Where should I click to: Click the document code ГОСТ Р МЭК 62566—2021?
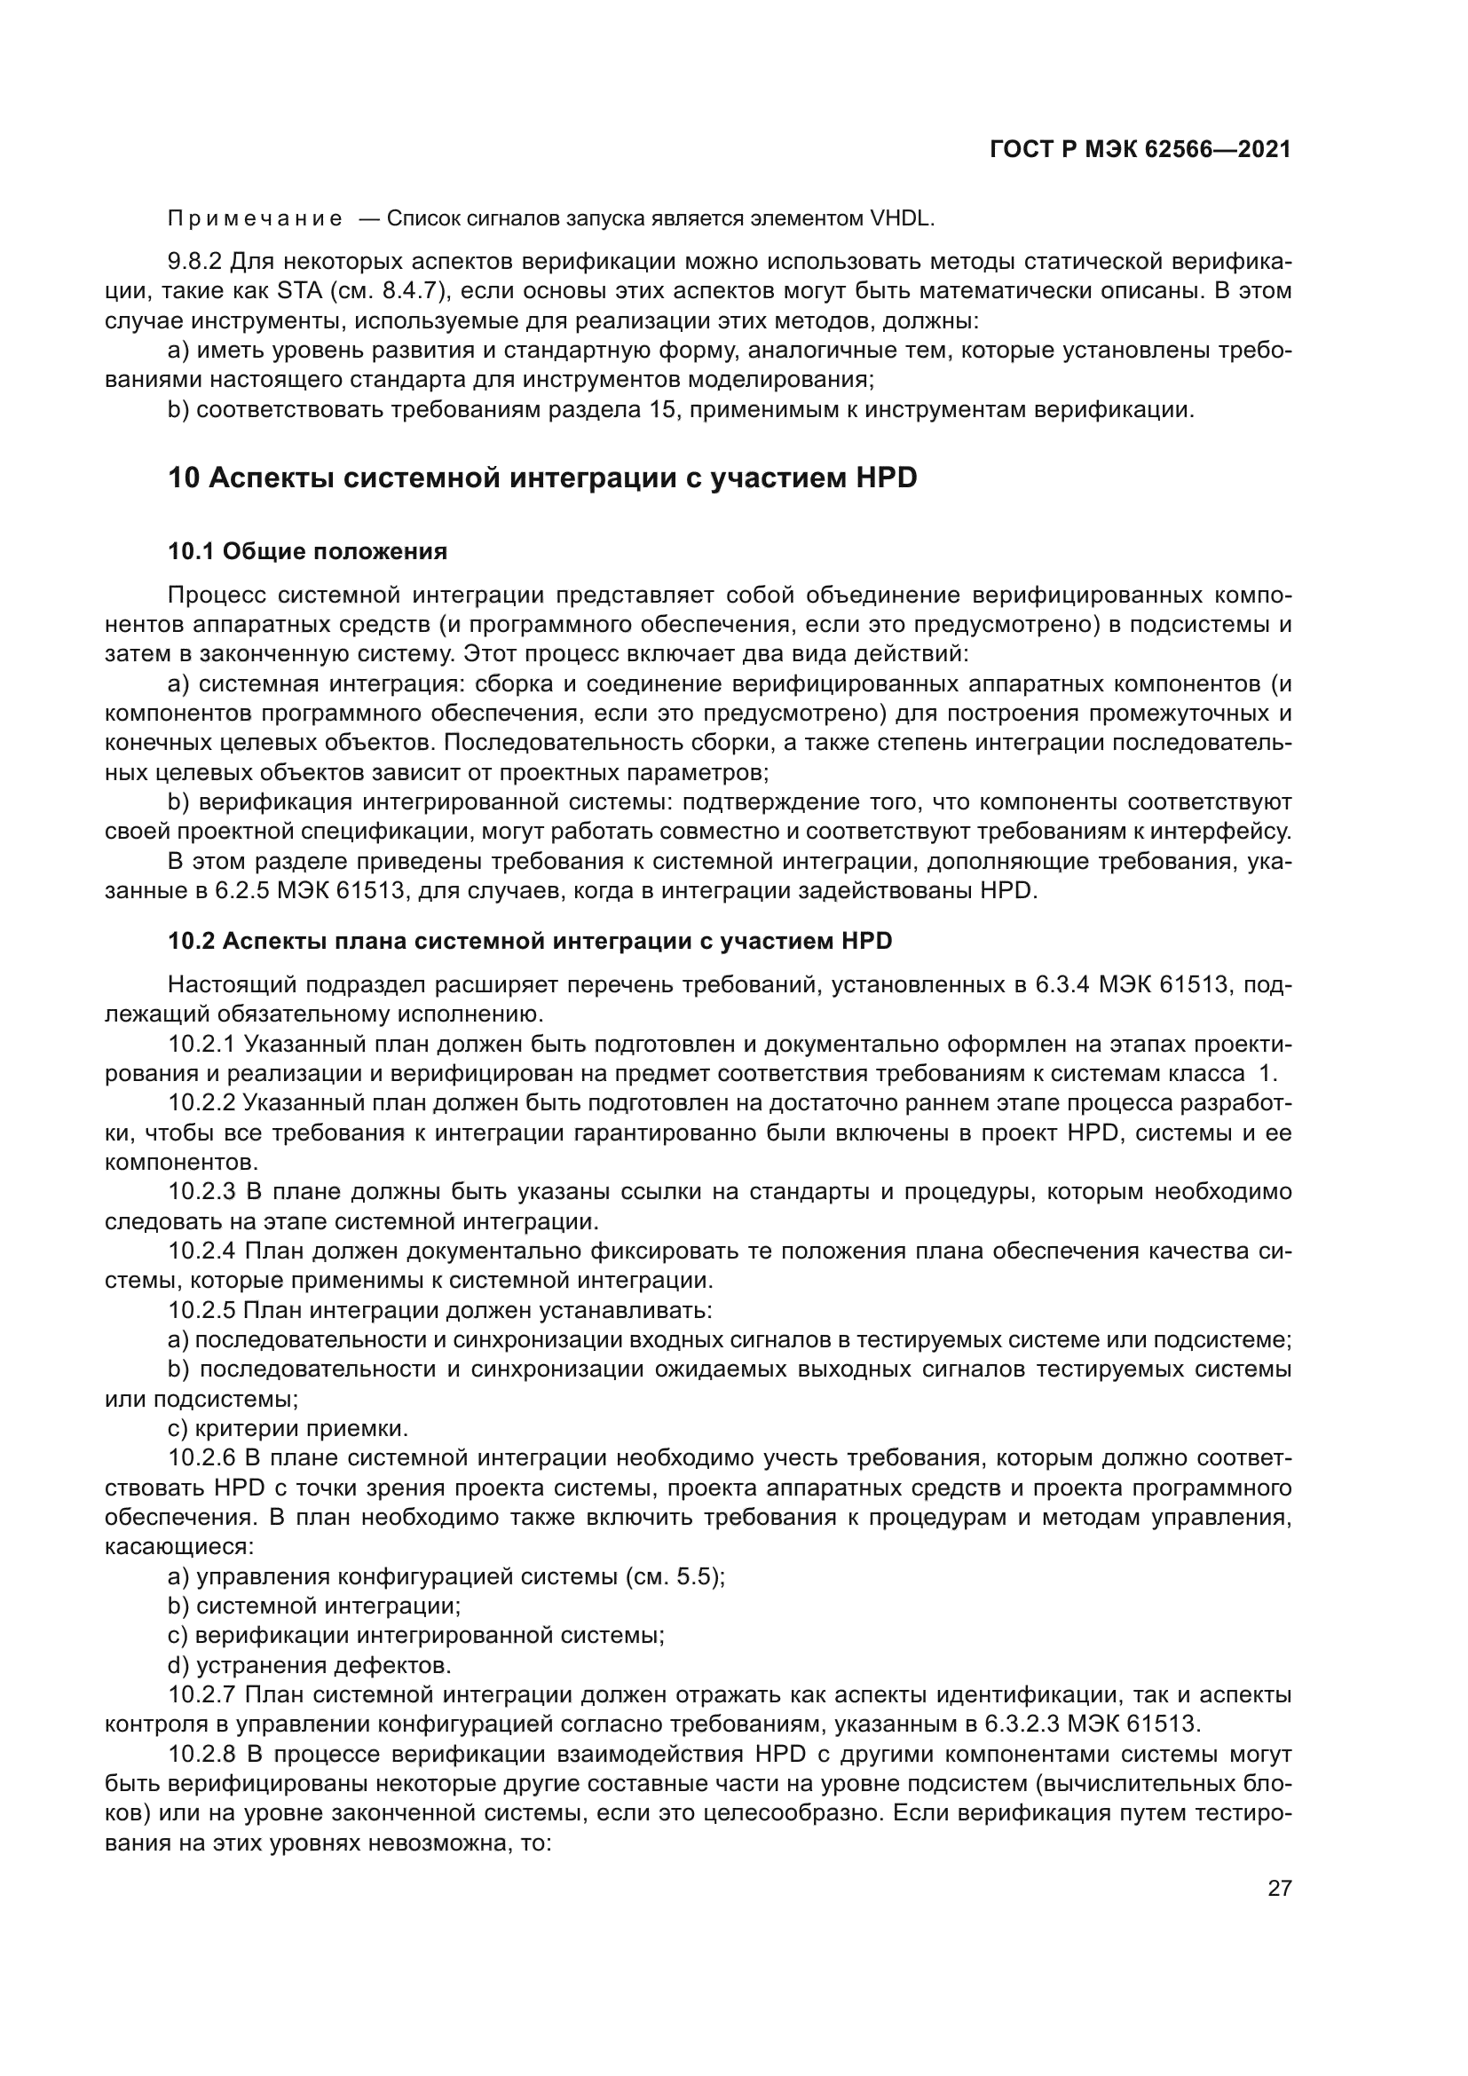point(1140,150)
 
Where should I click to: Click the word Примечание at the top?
point(255,220)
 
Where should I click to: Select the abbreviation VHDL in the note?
point(901,220)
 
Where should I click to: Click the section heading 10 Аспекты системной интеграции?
point(541,478)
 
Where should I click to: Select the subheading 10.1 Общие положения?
point(307,551)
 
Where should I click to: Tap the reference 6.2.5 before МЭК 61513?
point(241,891)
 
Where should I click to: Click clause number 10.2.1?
point(201,1046)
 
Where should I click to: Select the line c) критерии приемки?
point(288,1430)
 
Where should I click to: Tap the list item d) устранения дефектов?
point(309,1667)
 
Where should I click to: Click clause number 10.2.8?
point(201,1755)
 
